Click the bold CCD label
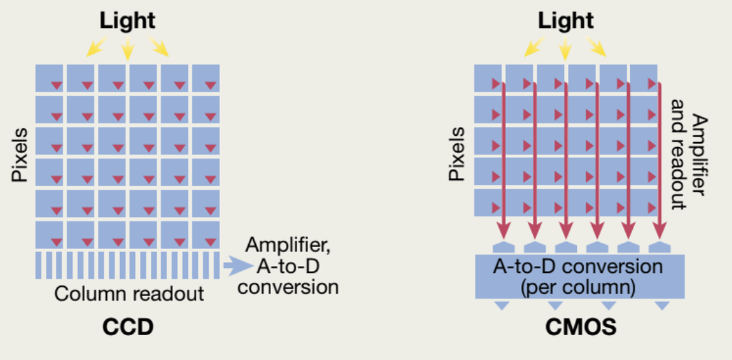[x=128, y=326]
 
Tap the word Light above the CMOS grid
[x=566, y=21]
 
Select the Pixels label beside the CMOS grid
[x=456, y=153]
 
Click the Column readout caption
[x=129, y=293]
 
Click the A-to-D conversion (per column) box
[x=580, y=275]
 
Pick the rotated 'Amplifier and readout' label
[x=689, y=161]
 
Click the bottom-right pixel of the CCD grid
[x=206, y=234]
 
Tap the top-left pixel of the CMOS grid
[x=488, y=77]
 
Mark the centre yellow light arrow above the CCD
[x=127, y=48]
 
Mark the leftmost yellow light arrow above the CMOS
[x=534, y=47]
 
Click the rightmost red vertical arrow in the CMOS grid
[x=660, y=159]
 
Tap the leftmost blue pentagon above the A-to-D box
[x=503, y=247]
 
